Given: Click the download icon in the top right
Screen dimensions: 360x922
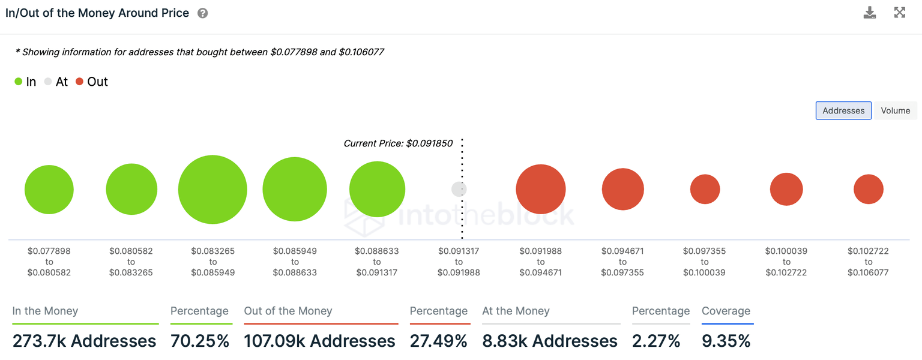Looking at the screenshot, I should click(x=870, y=13).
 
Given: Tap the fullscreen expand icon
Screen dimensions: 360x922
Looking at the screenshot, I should click(x=899, y=13).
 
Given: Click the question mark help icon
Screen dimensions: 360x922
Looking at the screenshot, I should click(x=203, y=13).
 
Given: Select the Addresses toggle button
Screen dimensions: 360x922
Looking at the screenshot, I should click(x=843, y=110).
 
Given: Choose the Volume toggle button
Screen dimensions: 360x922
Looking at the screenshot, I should click(x=895, y=110).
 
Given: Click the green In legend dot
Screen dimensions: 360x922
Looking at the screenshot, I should click(x=19, y=82).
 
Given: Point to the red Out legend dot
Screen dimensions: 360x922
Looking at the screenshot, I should click(x=79, y=82).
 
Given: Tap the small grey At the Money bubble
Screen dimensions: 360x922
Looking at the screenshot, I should click(x=459, y=190).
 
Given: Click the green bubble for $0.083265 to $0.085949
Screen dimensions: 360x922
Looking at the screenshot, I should click(x=212, y=190).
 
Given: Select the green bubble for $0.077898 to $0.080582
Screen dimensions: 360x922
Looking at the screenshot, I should click(x=49, y=190).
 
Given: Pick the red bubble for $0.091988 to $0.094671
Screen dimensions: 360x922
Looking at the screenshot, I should click(x=541, y=189).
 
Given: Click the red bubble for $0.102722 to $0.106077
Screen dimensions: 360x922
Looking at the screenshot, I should click(x=869, y=190).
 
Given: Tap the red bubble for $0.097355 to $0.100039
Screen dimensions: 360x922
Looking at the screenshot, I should click(x=705, y=190).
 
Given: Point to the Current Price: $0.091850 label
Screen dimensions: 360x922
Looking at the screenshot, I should click(x=398, y=143).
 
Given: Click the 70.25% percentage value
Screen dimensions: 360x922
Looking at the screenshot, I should click(x=200, y=341).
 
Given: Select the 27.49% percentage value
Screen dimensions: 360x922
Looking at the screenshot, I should click(x=439, y=341).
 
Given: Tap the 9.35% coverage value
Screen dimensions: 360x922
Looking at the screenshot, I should click(x=726, y=341).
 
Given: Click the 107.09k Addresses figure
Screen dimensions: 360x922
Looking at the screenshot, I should click(x=319, y=341).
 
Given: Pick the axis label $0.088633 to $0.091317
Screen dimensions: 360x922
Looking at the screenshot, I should click(x=376, y=262).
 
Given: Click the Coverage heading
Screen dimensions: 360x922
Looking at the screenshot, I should click(x=726, y=311).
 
